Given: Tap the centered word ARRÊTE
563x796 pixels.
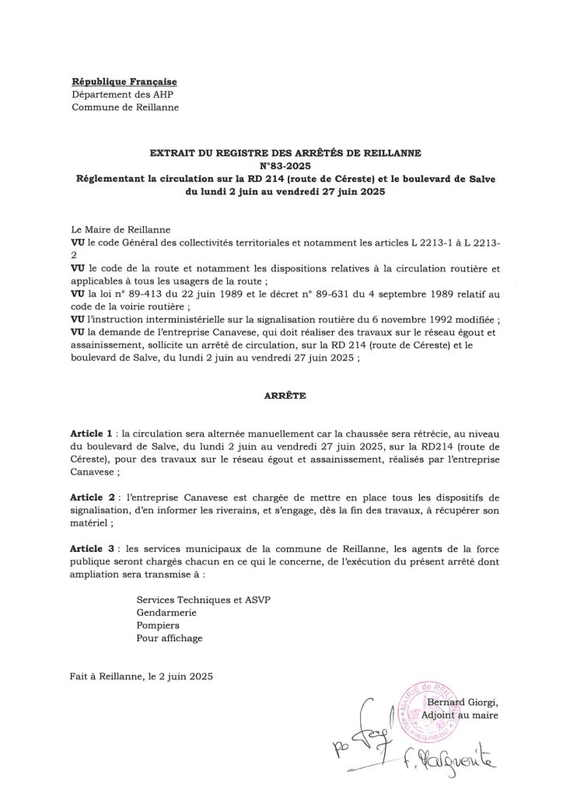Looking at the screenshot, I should coord(281,396).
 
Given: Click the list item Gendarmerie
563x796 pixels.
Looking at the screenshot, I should coord(166,612).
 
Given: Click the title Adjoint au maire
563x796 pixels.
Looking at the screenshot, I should coord(465,714).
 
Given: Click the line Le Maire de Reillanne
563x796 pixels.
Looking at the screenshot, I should coord(117,230).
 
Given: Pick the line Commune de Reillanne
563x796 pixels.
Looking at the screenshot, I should coord(124,107).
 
